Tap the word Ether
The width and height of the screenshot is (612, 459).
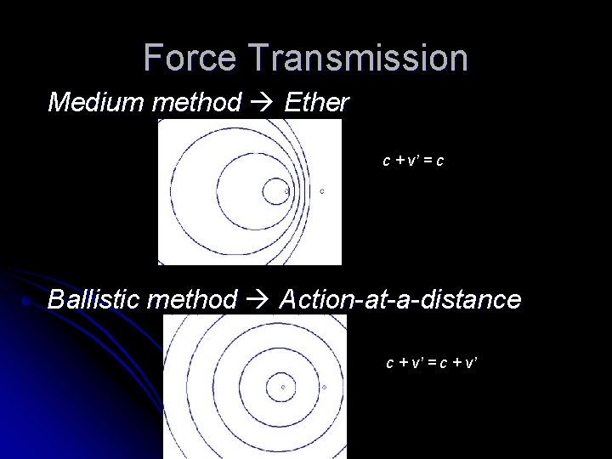tap(316, 103)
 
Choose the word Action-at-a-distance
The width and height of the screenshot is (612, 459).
tap(399, 298)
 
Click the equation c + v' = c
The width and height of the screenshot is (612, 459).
tap(412, 159)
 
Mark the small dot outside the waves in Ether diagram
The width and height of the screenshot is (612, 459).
tap(322, 191)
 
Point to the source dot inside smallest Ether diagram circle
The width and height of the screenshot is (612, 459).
tap(286, 191)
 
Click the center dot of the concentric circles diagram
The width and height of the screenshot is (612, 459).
tap(283, 387)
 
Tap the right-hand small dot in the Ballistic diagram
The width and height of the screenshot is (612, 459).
tap(325, 387)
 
